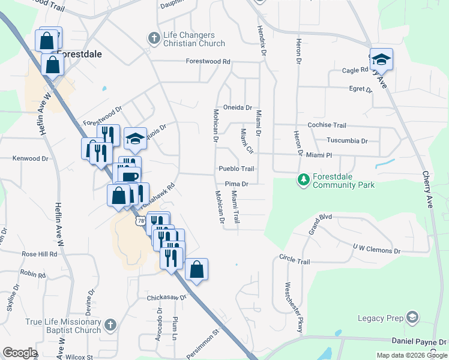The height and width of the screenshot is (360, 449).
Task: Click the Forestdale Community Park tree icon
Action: (304, 179)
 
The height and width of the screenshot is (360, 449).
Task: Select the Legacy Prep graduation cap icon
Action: (412, 317)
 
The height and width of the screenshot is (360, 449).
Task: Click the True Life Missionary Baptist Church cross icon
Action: (109, 325)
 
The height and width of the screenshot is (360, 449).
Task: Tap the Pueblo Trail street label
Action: (236, 169)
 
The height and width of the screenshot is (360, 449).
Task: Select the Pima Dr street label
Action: (237, 184)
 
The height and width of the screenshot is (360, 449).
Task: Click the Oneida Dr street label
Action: (237, 107)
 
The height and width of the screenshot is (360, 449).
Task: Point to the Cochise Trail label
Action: (327, 125)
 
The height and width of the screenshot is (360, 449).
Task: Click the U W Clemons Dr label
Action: (376, 249)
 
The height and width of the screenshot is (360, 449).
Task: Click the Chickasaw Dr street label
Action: (167, 298)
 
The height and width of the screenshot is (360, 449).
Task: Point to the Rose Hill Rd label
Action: (39, 254)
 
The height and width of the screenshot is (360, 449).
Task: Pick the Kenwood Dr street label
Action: (30, 158)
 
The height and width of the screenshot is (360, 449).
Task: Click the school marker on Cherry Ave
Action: (381, 60)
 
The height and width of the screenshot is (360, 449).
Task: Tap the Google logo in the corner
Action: (20, 352)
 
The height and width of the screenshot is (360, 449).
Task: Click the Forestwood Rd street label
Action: (208, 61)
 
